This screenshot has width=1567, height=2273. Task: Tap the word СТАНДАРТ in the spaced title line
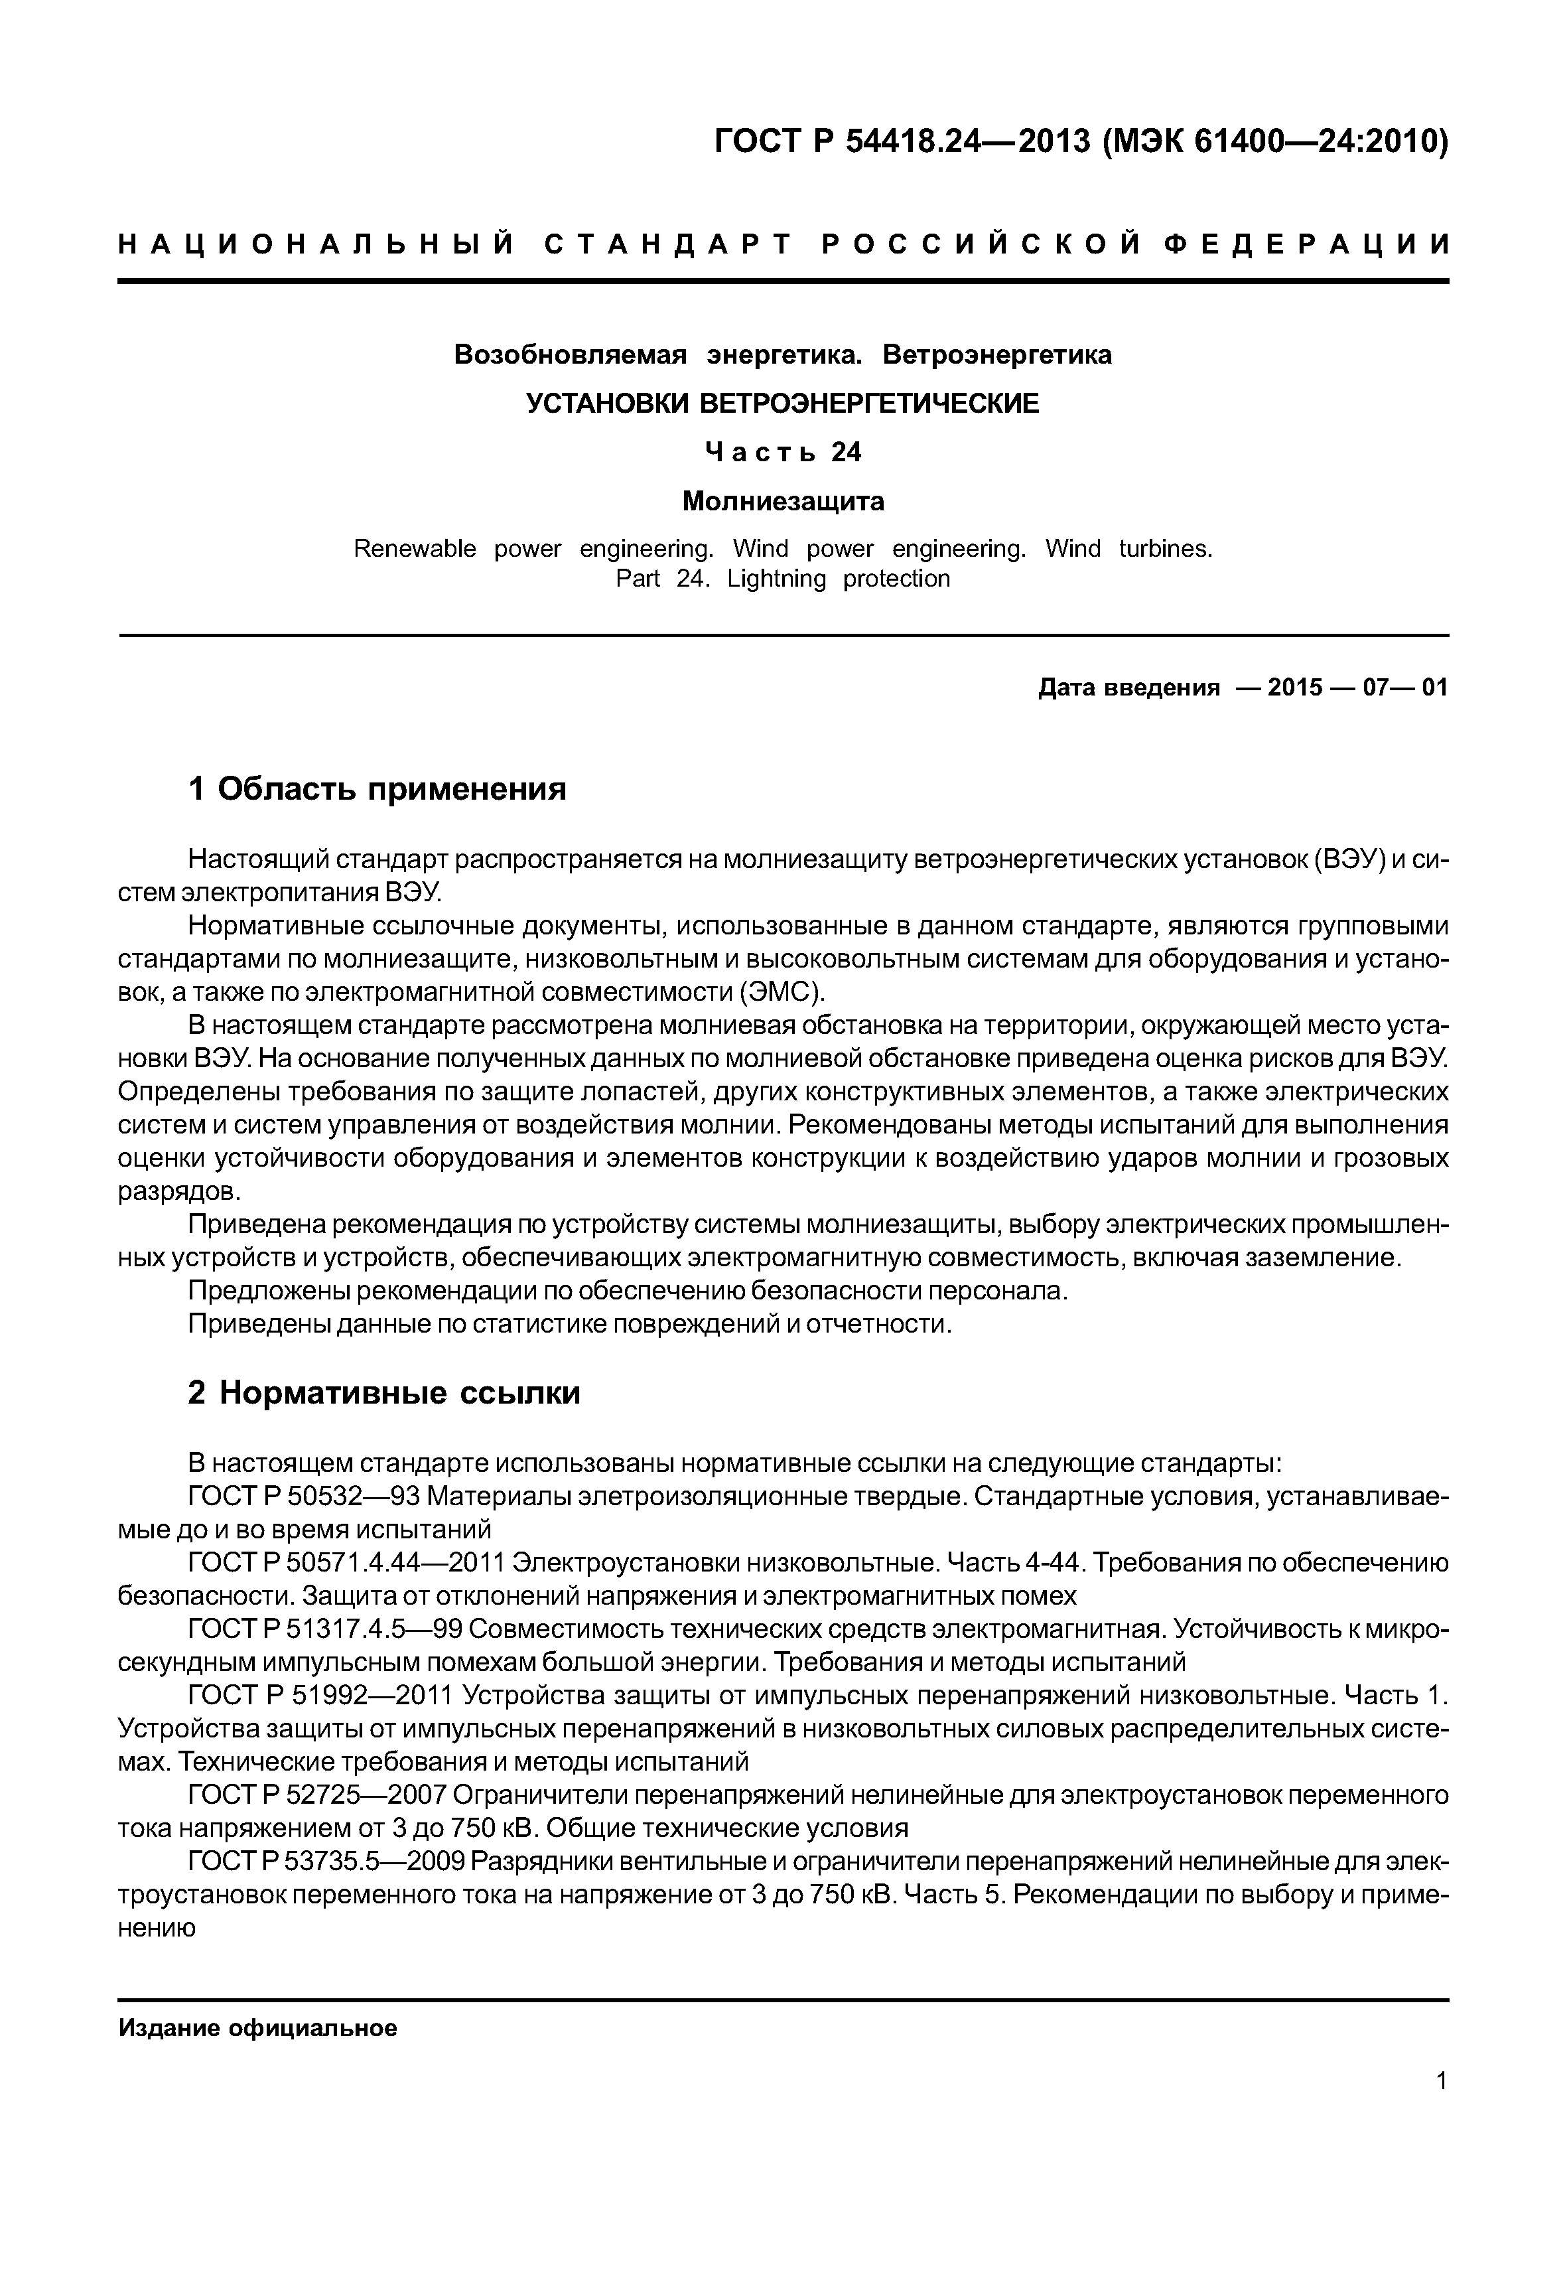[x=667, y=245]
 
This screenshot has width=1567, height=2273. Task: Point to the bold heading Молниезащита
[x=783, y=502]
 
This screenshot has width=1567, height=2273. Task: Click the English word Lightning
[x=777, y=579]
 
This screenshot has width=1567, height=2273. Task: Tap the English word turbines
[x=1166, y=548]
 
